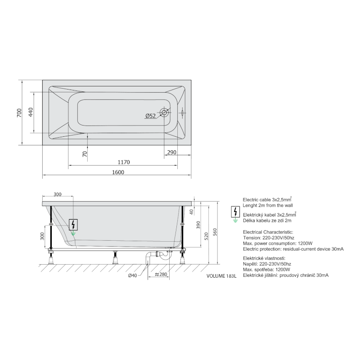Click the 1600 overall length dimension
point(118,172)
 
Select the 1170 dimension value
point(124,162)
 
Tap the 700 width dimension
point(19,113)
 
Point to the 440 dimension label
point(31,112)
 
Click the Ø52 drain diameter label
point(150,116)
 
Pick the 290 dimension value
point(172,152)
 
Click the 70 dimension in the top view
point(85,154)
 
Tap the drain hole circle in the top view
point(164,112)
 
